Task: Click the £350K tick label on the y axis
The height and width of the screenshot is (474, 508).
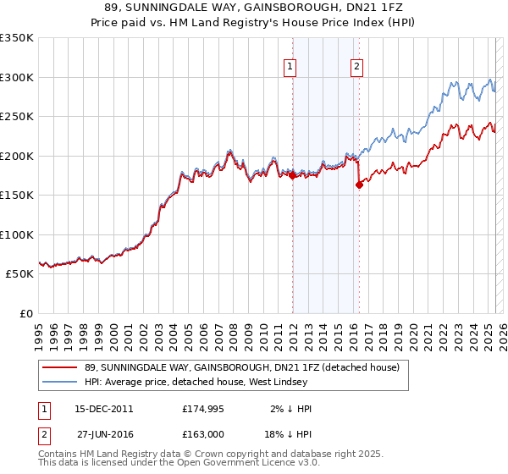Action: tap(16, 38)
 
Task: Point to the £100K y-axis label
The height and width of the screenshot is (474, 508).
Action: tap(16, 234)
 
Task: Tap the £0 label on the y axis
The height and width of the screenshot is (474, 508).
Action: tap(25, 313)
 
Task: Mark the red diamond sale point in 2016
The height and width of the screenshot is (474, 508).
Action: tap(359, 185)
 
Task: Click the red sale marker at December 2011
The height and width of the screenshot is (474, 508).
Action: tap(292, 176)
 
